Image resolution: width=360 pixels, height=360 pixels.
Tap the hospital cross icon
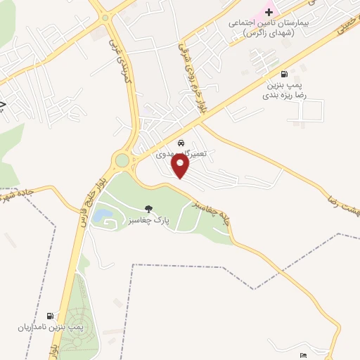(268, 12)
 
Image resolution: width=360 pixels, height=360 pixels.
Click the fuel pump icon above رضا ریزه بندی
(284, 74)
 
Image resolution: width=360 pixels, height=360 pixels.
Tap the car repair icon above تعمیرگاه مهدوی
(181, 141)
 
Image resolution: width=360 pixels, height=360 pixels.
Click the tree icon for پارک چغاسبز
(148, 207)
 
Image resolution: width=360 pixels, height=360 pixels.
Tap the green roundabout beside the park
(122, 161)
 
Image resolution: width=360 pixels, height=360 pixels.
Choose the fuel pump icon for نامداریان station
(50, 316)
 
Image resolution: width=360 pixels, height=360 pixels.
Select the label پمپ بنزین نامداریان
(49, 328)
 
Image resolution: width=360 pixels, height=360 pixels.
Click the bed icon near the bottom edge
(303, 355)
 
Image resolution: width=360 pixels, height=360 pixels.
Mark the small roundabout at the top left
(105, 18)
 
